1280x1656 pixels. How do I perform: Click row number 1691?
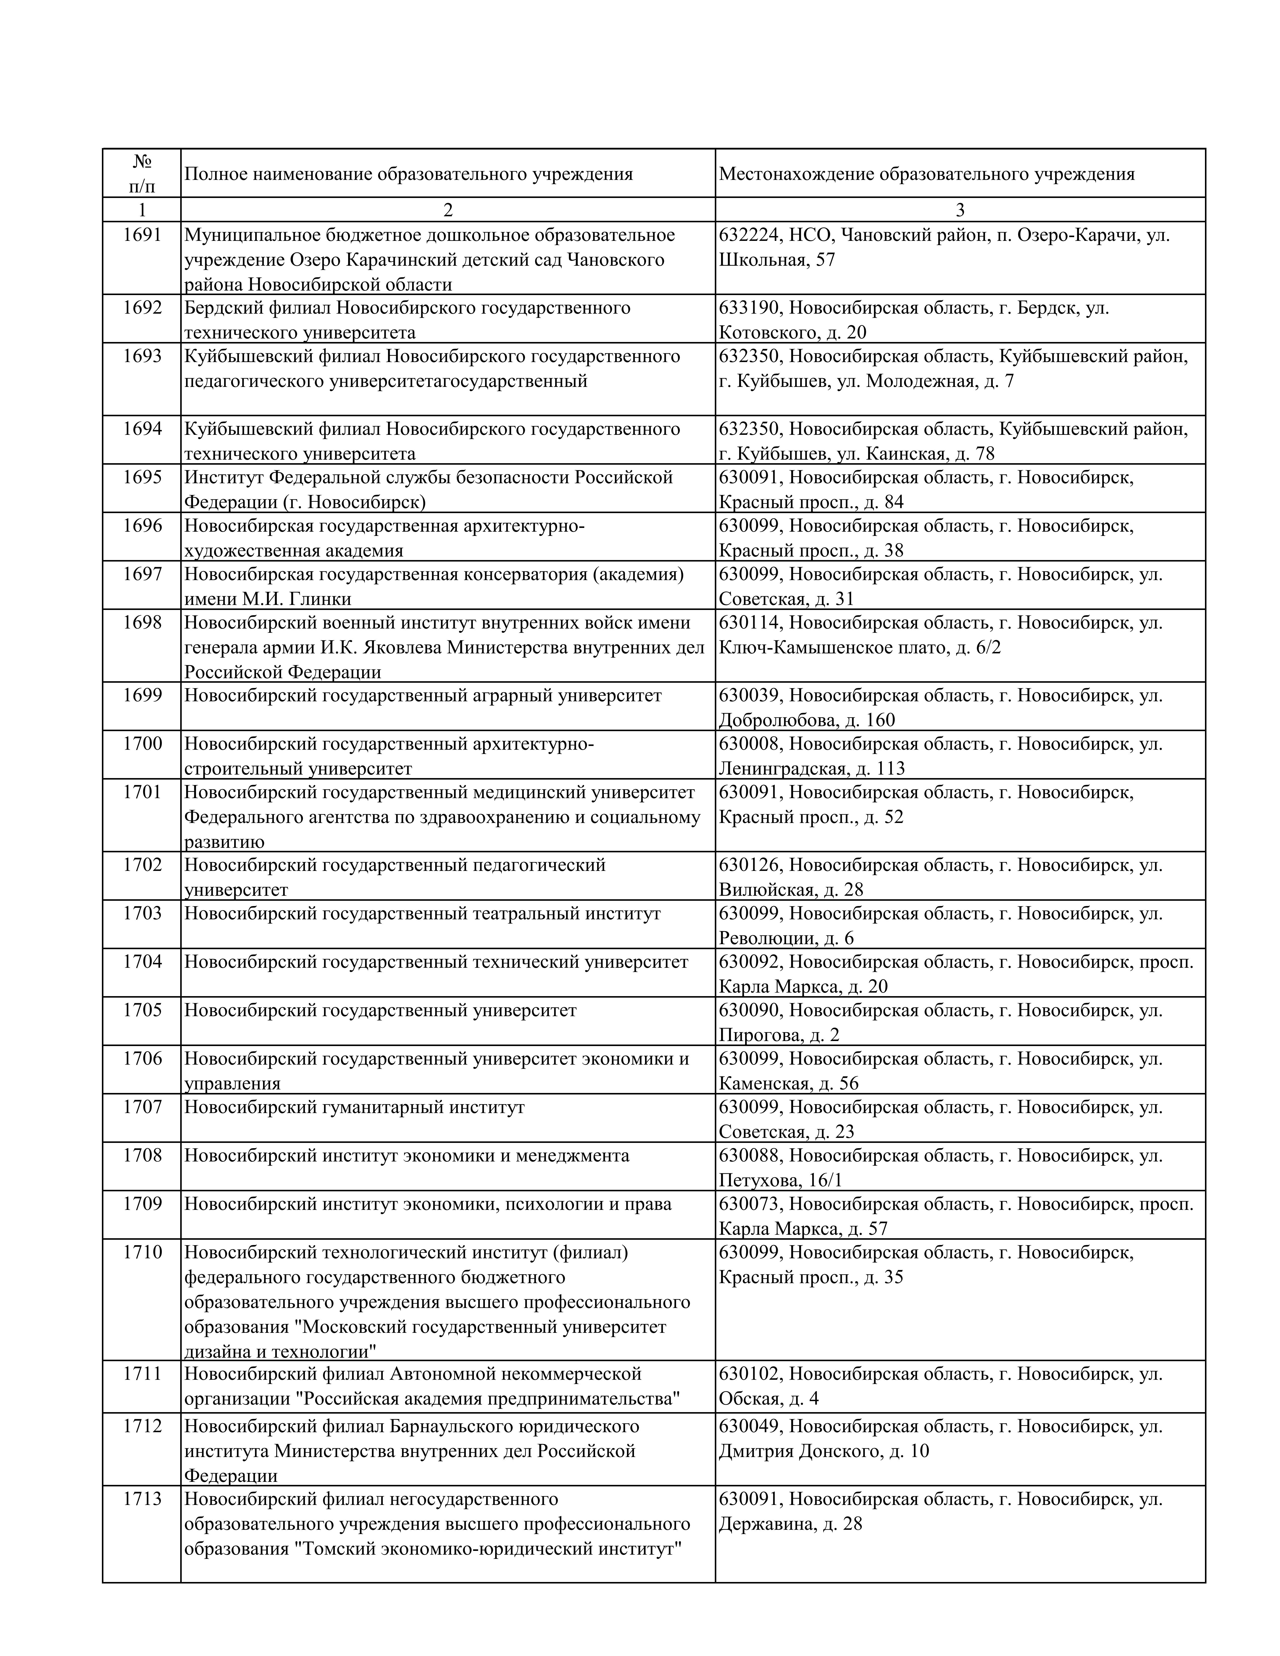coord(143,235)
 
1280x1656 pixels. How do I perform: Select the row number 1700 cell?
coord(143,744)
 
